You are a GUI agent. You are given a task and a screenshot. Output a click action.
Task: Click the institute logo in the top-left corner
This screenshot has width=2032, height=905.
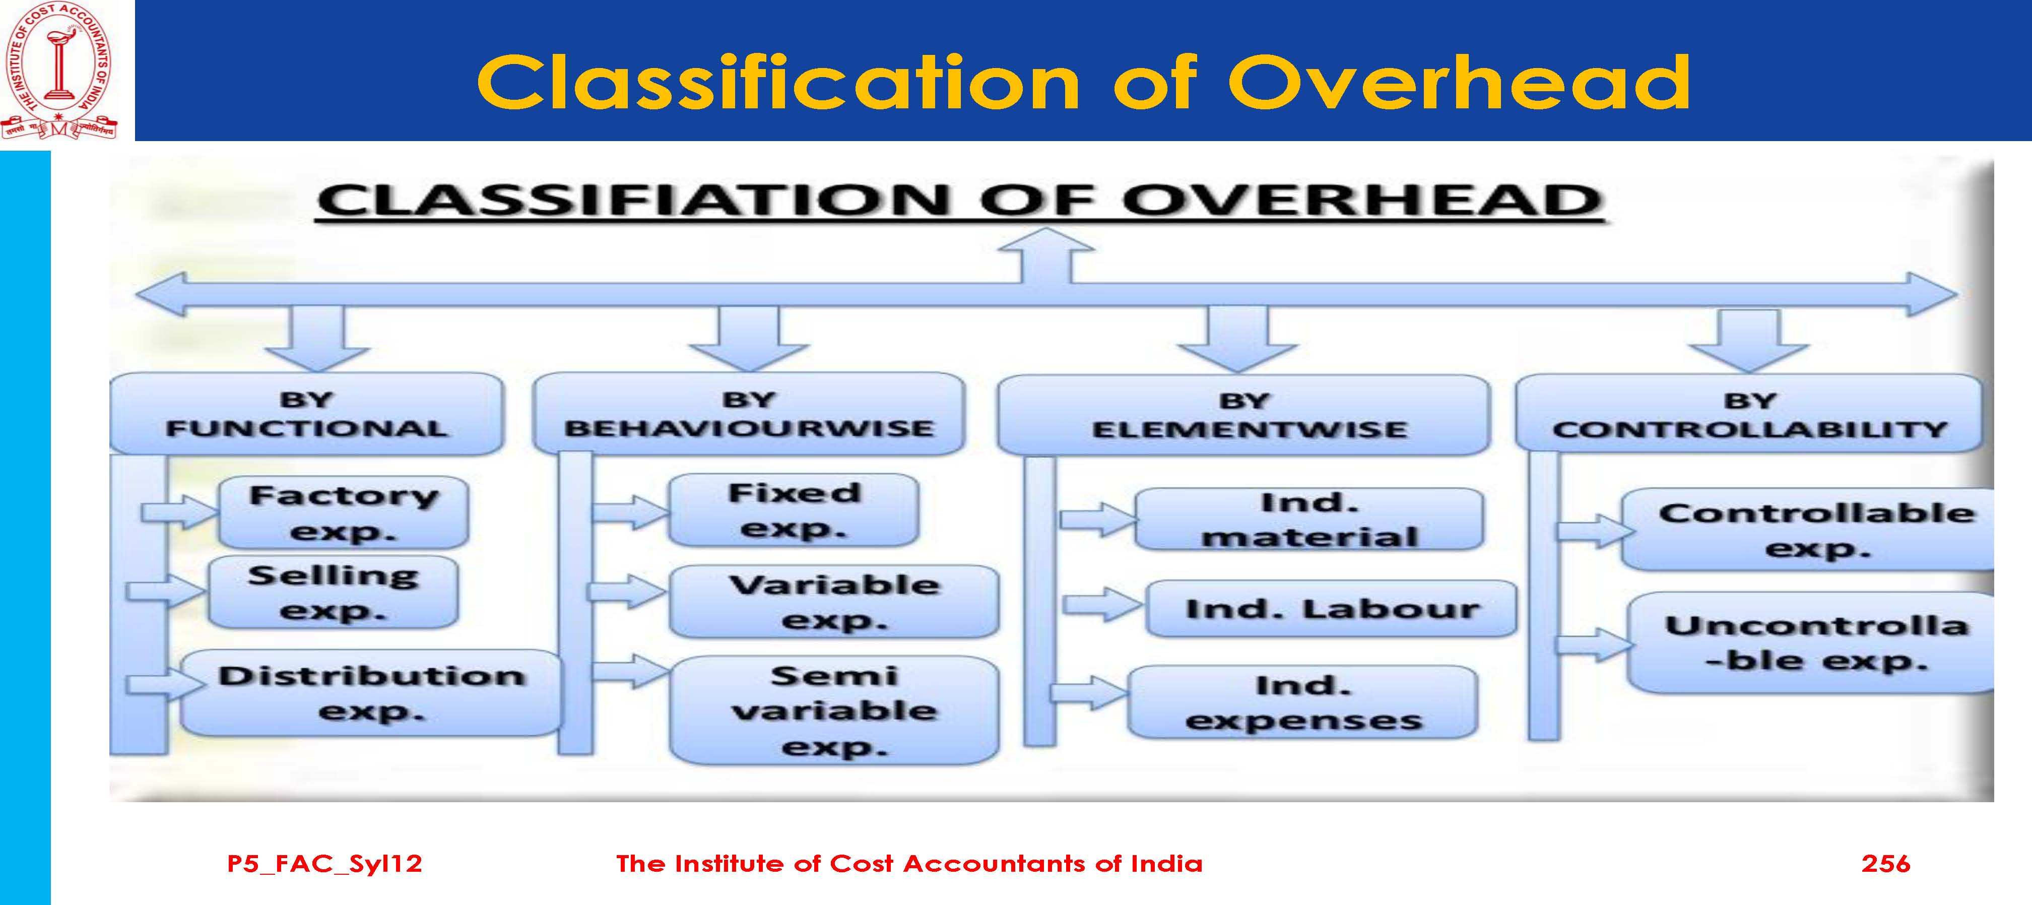pos(59,72)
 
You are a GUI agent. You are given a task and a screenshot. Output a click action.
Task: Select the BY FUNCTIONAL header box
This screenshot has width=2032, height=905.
pos(306,414)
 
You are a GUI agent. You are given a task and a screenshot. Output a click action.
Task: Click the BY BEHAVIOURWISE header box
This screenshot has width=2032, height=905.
pos(749,414)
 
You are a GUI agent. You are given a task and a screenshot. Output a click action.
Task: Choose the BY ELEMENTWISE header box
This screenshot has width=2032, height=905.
pos(1244,415)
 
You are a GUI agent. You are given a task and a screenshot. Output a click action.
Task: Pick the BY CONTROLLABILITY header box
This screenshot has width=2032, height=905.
pos(1749,414)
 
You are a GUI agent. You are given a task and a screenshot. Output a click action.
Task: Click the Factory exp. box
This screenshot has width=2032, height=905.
pos(343,513)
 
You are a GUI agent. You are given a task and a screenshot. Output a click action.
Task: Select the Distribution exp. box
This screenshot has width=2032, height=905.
pos(371,693)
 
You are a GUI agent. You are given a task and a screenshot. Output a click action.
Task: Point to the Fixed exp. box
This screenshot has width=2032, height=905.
pos(794,510)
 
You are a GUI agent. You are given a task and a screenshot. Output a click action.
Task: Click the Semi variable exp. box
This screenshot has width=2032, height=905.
pos(834,710)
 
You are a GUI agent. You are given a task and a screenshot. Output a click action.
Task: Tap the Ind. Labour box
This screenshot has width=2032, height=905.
pos(1331,608)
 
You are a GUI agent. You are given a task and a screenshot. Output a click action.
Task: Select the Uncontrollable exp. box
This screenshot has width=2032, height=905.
pos(1811,643)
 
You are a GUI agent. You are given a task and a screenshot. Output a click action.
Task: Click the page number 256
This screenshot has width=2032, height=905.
pos(1885,863)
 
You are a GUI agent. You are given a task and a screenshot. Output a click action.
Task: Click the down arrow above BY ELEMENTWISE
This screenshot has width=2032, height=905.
pos(1237,339)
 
